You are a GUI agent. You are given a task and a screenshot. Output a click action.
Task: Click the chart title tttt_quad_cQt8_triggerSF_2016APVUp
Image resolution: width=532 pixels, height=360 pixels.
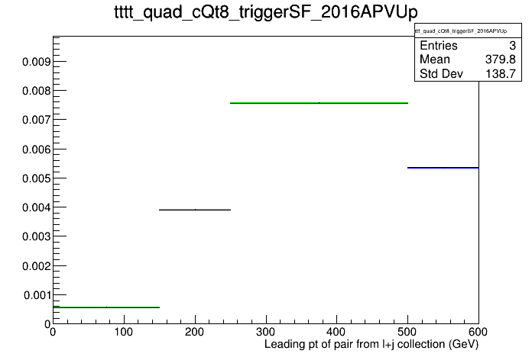point(266,12)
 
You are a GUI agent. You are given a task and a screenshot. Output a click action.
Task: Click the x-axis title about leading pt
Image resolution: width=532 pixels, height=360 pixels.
point(371,345)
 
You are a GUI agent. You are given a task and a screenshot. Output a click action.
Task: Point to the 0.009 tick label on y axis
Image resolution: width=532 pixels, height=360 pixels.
point(36,62)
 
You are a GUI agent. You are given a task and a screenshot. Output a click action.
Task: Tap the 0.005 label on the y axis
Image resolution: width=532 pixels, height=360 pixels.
point(36,178)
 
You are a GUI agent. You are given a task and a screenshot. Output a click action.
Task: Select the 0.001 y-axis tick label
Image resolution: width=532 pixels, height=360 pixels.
point(37,295)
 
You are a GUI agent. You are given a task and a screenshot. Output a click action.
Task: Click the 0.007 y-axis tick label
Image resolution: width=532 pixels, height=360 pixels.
point(36,120)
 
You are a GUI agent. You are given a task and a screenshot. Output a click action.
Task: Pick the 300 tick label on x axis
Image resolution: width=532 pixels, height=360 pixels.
point(266,332)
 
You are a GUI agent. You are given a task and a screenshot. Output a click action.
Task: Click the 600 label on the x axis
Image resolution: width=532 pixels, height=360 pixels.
point(478,332)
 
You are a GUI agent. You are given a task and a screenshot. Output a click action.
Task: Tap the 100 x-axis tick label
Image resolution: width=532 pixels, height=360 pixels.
point(124,332)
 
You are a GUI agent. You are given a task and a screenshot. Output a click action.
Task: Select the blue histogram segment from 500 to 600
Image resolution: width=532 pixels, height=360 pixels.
point(443,168)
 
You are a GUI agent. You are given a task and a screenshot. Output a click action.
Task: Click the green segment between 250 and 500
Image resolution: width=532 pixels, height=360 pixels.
point(319,103)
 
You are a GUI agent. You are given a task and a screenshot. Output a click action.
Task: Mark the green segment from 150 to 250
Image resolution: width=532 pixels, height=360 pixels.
point(195,210)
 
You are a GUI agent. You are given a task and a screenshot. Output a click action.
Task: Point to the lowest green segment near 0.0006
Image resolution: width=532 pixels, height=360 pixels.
point(106,307)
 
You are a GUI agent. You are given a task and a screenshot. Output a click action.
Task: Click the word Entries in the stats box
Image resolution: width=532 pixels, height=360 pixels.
point(439,45)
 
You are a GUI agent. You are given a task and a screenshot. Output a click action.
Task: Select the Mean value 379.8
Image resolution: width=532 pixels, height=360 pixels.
point(501,59)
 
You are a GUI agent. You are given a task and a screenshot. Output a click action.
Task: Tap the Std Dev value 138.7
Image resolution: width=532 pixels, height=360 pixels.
point(501,73)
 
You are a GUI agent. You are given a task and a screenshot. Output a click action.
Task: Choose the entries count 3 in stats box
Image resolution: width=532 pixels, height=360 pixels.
point(512,45)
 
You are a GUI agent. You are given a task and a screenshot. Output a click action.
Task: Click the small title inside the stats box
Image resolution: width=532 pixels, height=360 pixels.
point(461,31)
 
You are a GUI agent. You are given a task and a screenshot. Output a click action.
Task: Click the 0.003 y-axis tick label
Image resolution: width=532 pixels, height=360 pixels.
point(36,236)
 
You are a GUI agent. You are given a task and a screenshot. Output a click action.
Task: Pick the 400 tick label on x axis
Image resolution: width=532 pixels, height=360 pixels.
point(336,332)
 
